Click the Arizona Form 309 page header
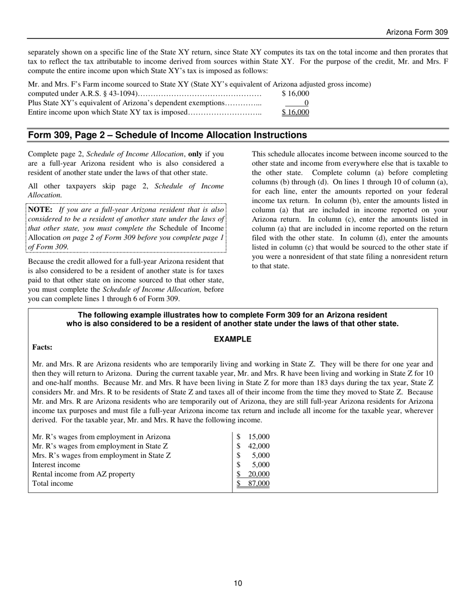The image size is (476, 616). point(416,32)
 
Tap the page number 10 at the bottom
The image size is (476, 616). point(237,583)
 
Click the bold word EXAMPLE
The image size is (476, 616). point(232,339)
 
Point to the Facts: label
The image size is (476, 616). point(42,347)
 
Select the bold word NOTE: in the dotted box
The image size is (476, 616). point(41,210)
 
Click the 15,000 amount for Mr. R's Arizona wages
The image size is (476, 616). point(259,437)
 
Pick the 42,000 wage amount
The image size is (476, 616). point(259,446)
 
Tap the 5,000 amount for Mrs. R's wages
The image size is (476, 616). point(261,455)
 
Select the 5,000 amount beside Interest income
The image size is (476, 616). point(261,465)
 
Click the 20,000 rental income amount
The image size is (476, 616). point(259,474)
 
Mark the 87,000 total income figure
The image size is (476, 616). point(259,483)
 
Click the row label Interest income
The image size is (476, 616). point(56,465)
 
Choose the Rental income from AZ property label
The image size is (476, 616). point(83,474)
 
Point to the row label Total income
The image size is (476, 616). point(53,483)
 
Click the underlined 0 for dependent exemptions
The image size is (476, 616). point(306,103)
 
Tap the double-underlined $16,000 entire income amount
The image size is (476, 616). point(295,112)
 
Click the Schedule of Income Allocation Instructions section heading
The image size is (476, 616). point(167,135)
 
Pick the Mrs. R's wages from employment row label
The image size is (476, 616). point(101,455)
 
